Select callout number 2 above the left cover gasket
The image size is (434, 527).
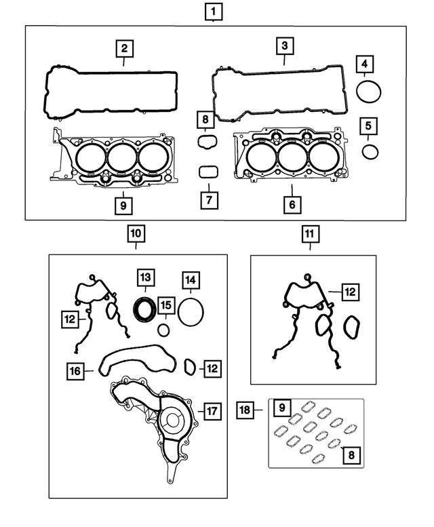tap(124, 49)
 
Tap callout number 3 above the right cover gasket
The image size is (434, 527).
tap(284, 47)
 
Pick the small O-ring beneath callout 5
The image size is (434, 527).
tap(370, 151)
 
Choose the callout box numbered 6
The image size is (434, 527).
tap(291, 203)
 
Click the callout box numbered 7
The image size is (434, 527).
tap(208, 200)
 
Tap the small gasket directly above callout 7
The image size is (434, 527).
tap(208, 172)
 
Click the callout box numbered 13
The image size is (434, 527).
tap(144, 277)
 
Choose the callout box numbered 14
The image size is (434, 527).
tap(191, 279)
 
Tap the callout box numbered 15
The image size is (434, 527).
tap(165, 306)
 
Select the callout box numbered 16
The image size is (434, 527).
tap(75, 371)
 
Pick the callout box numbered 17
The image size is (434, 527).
tap(212, 410)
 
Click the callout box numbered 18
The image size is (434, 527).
tap(245, 409)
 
